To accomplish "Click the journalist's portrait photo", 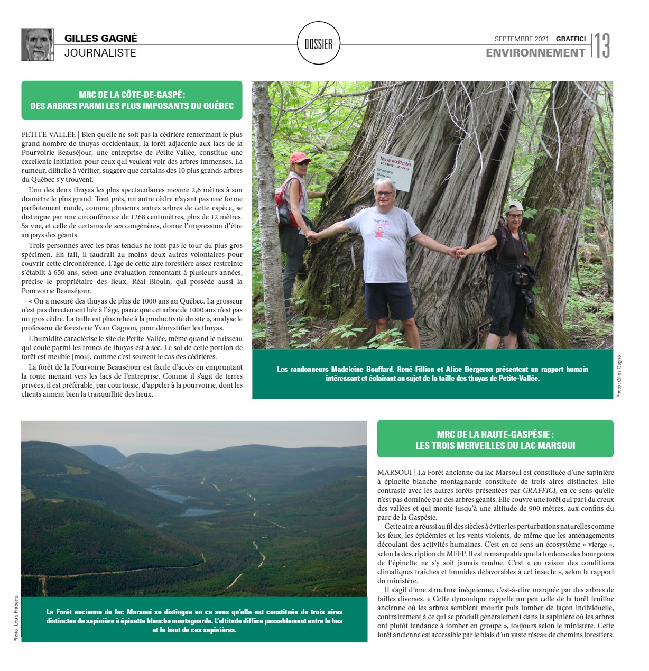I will pos(38,45).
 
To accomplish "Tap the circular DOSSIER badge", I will pos(319,44).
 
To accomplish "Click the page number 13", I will pos(602,46).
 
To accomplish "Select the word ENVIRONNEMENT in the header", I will pos(535,53).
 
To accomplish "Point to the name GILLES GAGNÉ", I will pos(100,38).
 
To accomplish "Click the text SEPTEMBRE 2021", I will pos(521,39).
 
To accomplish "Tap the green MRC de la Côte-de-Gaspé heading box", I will pos(132,100).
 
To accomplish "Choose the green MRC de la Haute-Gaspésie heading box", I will pos(495,439).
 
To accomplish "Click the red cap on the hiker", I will pos(299,157).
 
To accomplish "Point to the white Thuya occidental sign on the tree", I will pos(395,172).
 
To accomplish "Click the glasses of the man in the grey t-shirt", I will pos(384,194).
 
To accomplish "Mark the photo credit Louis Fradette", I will pos(16,618).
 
